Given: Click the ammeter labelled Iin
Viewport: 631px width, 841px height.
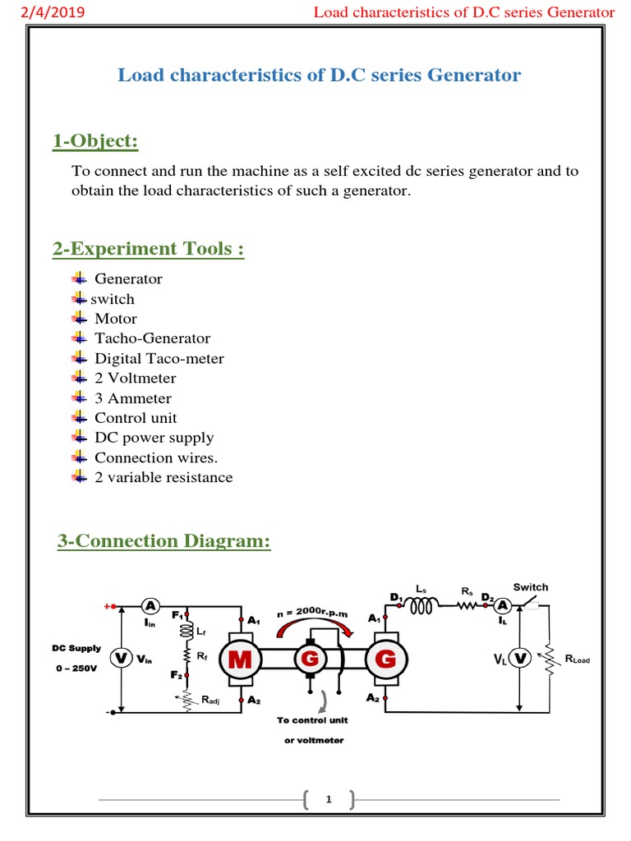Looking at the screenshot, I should pos(150,606).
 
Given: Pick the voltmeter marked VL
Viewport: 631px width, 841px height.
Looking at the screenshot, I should pos(518,659).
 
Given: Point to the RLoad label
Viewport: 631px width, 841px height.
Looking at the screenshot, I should pos(578,659).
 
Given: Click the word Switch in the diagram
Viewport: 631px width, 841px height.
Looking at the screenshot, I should pos(530,587).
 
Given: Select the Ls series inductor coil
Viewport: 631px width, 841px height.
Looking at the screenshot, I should pos(421,606).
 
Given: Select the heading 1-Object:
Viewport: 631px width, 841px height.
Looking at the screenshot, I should pos(94,141).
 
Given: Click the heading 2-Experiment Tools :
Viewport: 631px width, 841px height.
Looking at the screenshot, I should pos(148,249).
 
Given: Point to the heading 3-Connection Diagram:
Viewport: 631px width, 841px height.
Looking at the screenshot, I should pos(164,541).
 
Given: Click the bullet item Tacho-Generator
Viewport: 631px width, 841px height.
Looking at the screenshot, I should pos(152,338).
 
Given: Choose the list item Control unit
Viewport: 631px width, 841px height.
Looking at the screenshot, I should pos(136,418).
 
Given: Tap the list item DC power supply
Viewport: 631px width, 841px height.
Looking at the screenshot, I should pos(154,438).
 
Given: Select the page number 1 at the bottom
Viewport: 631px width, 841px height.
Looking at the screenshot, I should pos(328,799).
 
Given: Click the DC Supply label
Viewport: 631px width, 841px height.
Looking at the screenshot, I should pos(76,649).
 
